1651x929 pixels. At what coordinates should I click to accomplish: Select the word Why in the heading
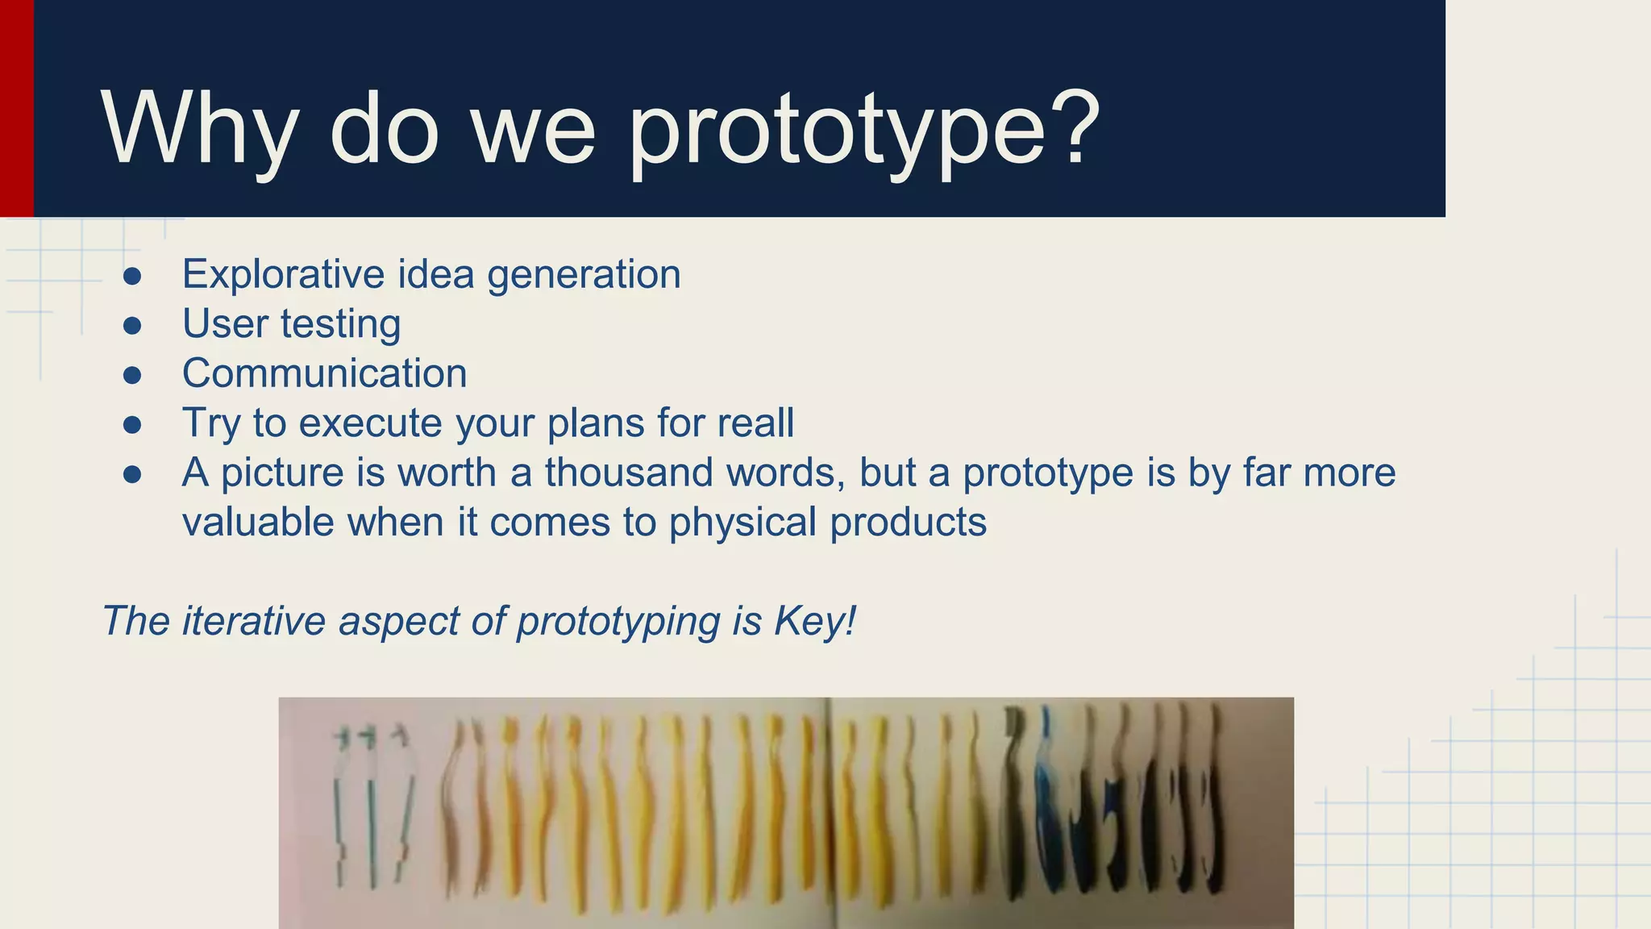(x=198, y=129)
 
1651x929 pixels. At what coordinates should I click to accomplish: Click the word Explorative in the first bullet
(x=283, y=274)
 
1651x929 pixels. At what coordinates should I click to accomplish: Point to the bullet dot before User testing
(x=132, y=326)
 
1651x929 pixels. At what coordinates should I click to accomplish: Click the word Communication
(x=324, y=373)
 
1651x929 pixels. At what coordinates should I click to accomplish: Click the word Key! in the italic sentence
(x=814, y=621)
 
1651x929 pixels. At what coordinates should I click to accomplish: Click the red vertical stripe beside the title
(x=16, y=108)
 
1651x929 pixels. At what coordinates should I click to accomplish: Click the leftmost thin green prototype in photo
(x=340, y=806)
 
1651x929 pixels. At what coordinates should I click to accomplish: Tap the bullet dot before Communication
(x=132, y=375)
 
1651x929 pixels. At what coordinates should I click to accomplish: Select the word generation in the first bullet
(x=584, y=275)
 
